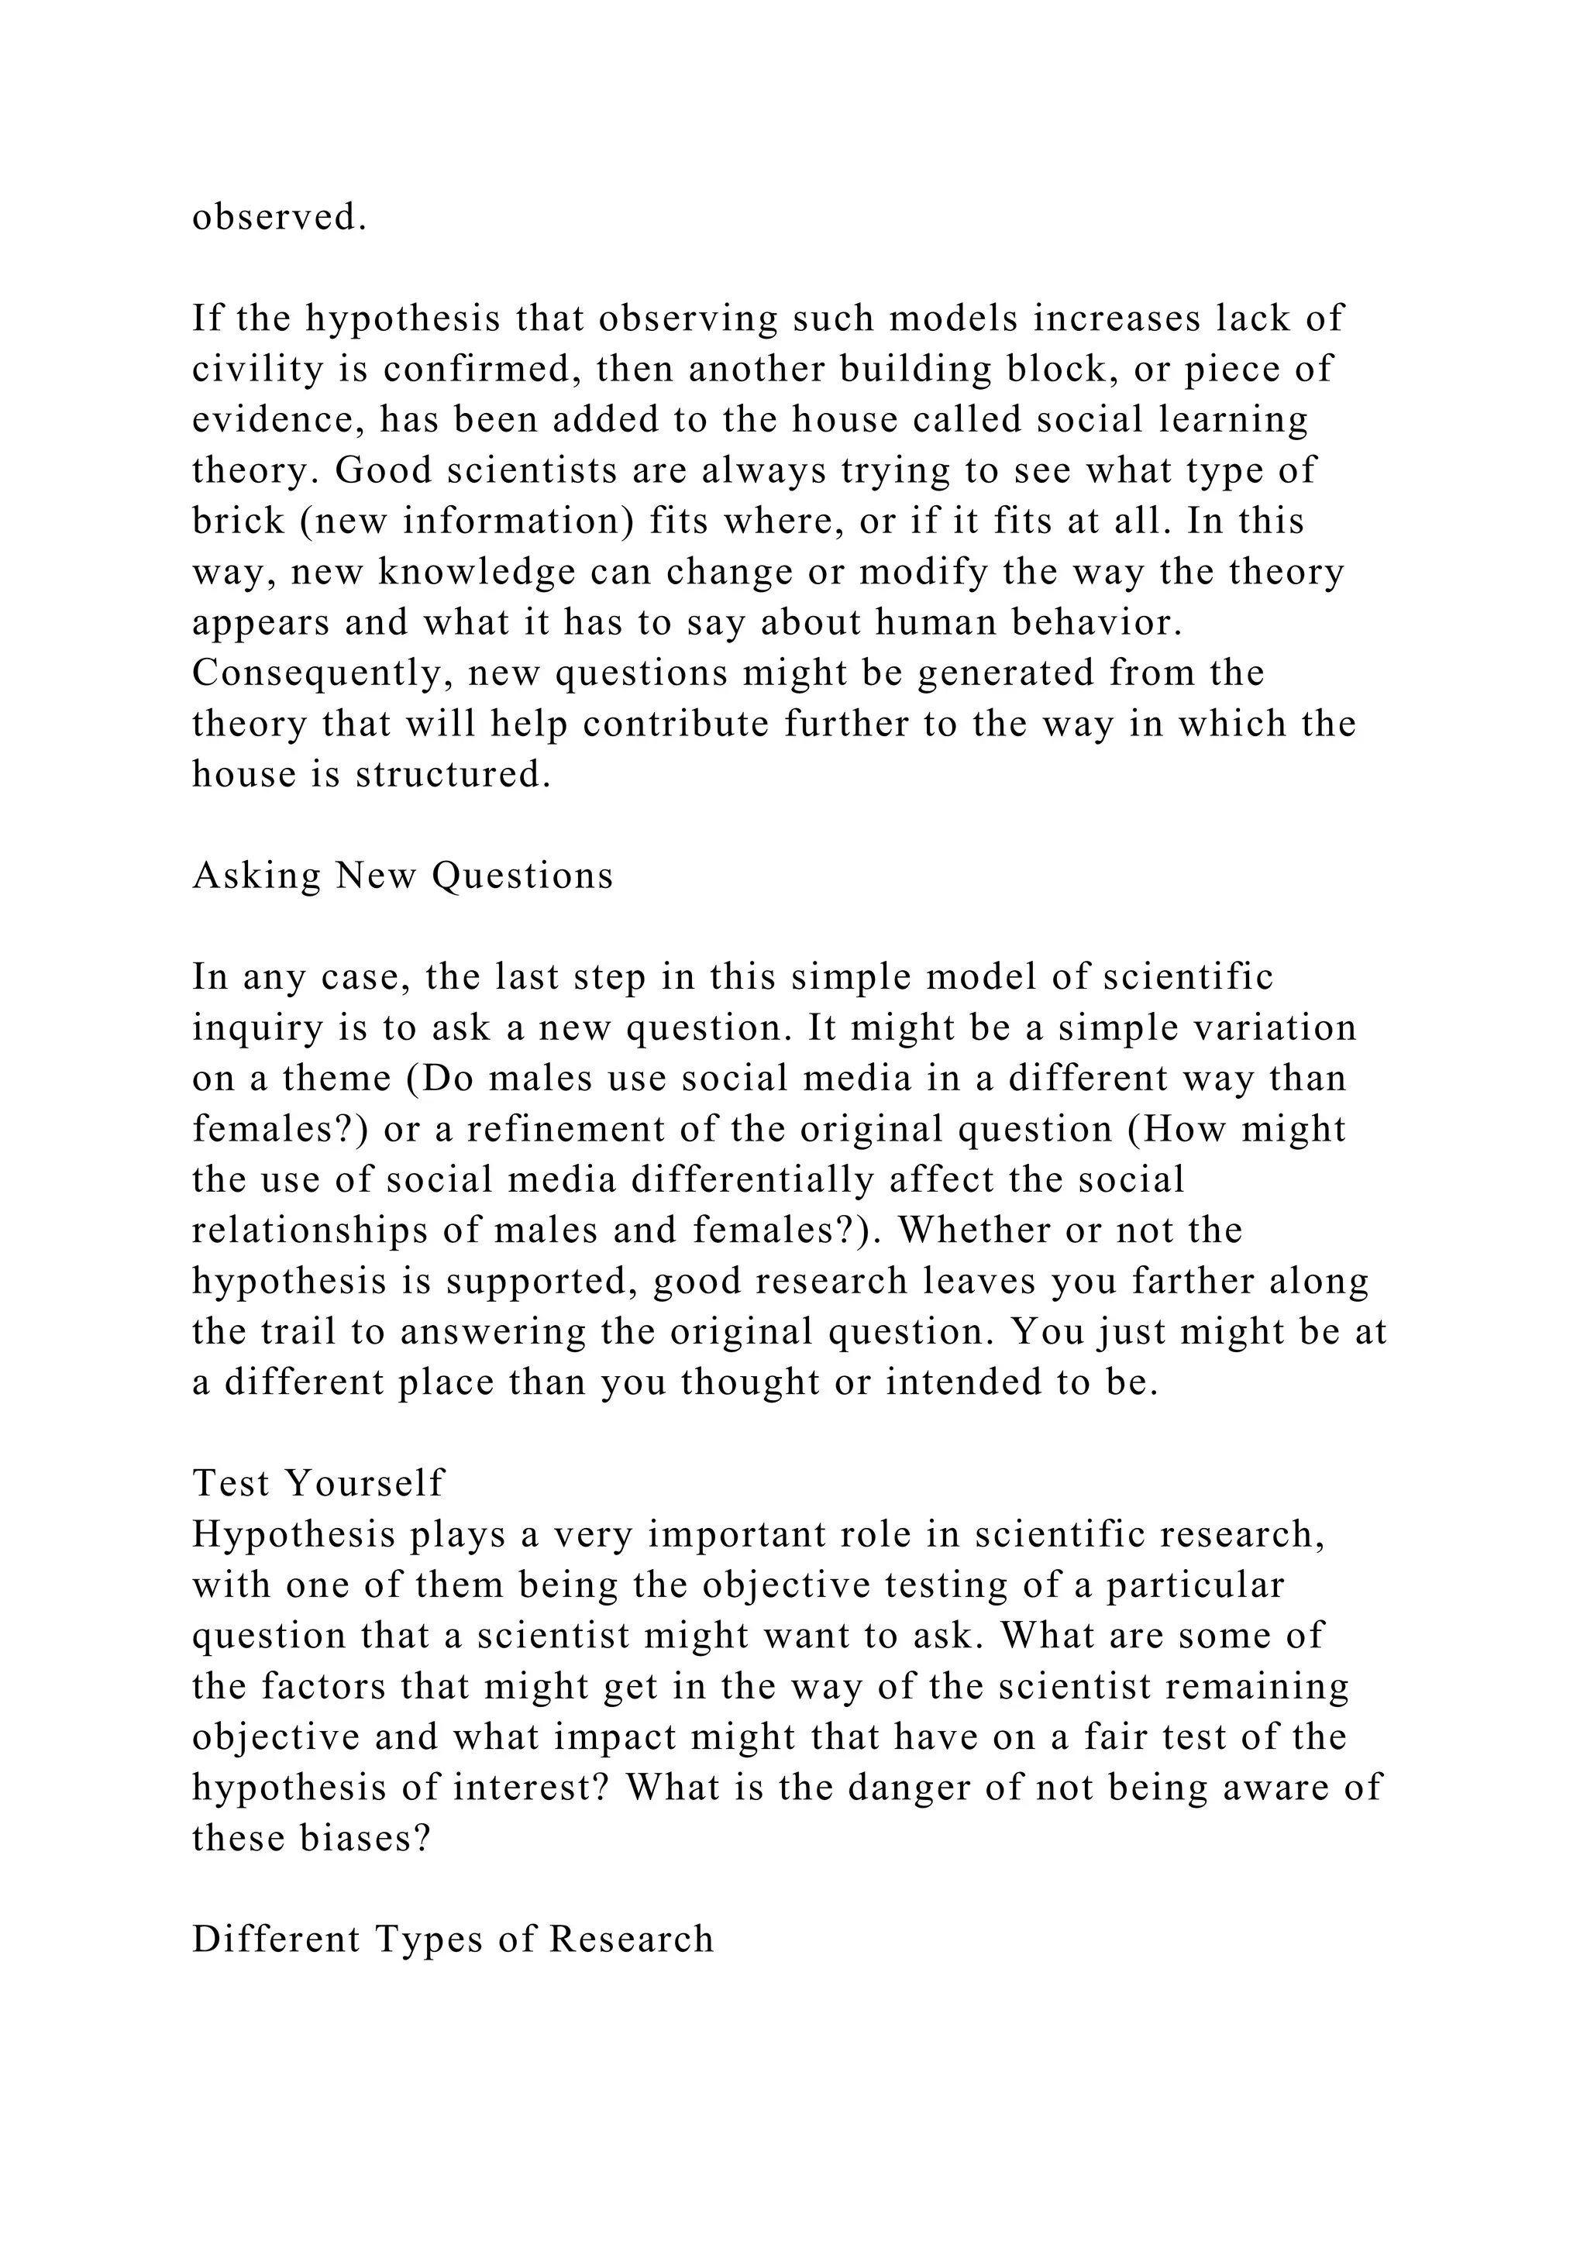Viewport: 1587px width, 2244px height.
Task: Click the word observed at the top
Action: tap(278, 218)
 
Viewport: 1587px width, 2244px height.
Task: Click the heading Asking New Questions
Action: tap(403, 876)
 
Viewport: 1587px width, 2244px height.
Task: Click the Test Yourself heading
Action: tap(318, 1484)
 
